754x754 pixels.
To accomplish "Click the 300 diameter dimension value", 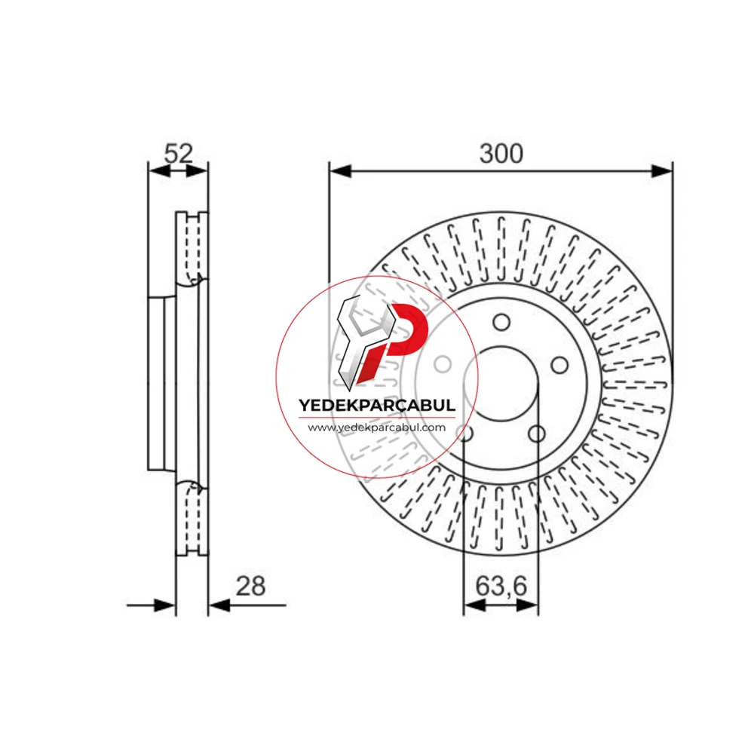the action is click(501, 154).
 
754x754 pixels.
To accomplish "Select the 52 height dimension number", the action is click(179, 153).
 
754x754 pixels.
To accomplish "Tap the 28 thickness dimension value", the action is click(250, 586).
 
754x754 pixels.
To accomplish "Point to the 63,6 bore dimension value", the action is click(501, 586).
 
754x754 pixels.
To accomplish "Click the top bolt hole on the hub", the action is click(501, 322).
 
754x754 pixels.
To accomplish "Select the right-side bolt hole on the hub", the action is click(559, 366).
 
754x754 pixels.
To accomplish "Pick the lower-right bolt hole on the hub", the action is click(537, 434).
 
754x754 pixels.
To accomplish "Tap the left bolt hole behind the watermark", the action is click(443, 364).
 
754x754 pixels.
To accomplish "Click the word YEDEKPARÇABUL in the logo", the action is click(377, 405).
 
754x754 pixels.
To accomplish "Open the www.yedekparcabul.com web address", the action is click(377, 428).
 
